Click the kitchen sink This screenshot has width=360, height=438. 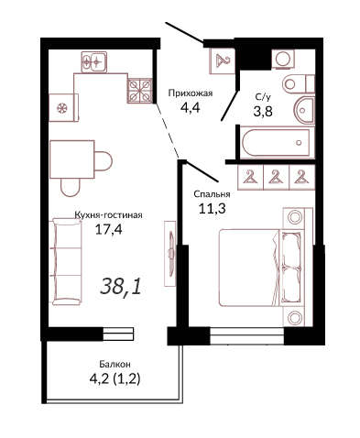click(x=94, y=62)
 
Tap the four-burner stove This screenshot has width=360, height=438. click(x=140, y=90)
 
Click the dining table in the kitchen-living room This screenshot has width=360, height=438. click(x=72, y=159)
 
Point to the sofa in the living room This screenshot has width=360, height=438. click(x=67, y=261)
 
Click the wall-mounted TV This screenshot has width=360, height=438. click(x=170, y=254)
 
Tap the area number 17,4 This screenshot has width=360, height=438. click(x=109, y=229)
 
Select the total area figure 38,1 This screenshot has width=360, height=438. click(x=121, y=287)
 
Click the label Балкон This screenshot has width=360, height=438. click(x=115, y=364)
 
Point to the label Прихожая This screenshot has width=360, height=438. click(x=191, y=93)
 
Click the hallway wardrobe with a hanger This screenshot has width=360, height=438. click(x=223, y=61)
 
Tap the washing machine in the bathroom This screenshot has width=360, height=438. click(x=284, y=59)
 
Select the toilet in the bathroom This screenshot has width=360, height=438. click(x=299, y=83)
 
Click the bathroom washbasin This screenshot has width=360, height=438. click(x=305, y=110)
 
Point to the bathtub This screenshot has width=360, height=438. click(x=277, y=142)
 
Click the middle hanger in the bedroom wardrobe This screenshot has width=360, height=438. click(x=276, y=178)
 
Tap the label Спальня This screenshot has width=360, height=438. click(x=212, y=194)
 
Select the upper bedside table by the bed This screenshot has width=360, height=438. click(x=294, y=218)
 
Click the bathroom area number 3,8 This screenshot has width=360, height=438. click(x=263, y=112)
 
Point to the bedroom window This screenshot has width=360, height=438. click(x=247, y=336)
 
